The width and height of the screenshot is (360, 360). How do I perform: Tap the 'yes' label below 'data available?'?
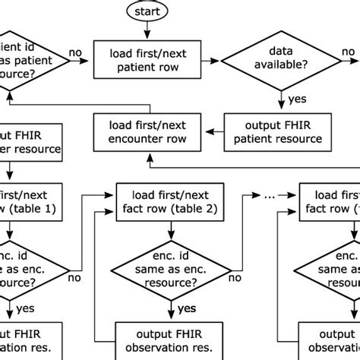click(297, 98)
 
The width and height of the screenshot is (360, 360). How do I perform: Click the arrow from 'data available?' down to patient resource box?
click(283, 97)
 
